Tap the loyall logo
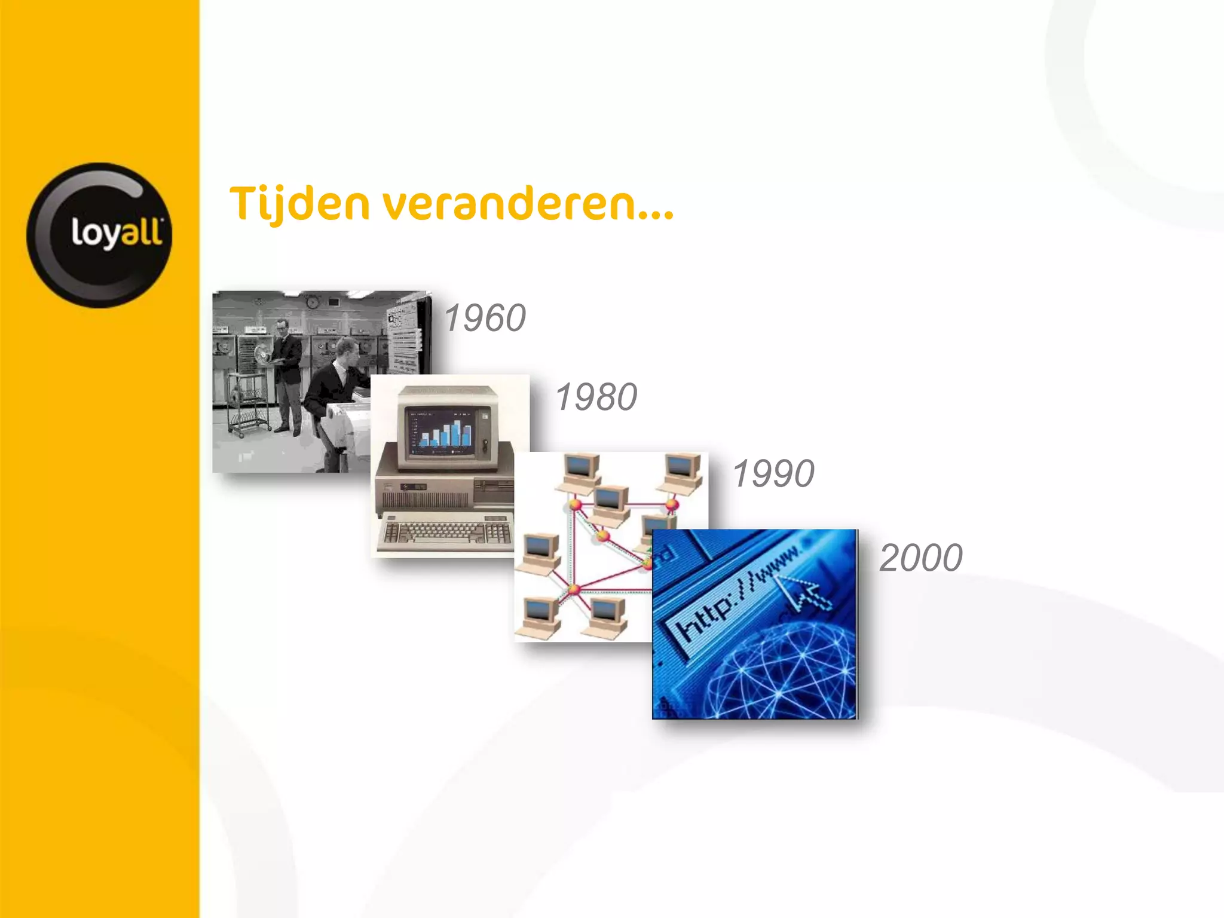pos(99,235)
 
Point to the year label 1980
pos(596,397)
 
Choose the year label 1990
pos(773,473)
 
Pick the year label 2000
pos(920,558)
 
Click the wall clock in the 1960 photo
pos(312,302)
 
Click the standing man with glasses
pos(287,371)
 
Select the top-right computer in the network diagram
pos(683,472)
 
